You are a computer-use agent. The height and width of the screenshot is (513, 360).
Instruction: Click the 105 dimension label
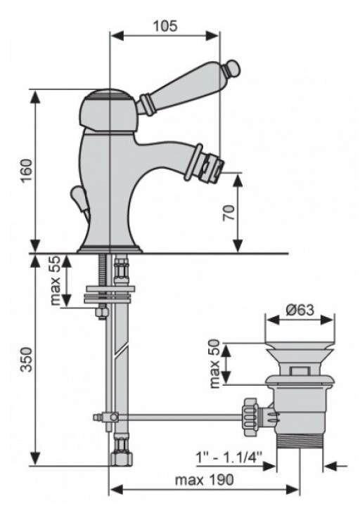click(165, 26)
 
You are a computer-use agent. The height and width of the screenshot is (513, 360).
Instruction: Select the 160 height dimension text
click(27, 171)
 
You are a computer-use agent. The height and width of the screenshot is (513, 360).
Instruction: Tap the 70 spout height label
click(229, 213)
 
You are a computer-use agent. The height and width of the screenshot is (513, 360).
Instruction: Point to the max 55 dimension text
click(56, 280)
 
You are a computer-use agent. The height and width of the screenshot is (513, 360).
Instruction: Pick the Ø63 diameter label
click(300, 309)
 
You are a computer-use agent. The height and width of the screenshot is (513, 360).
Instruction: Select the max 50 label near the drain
click(214, 363)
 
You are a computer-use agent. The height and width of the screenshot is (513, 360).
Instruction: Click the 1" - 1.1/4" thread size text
click(229, 456)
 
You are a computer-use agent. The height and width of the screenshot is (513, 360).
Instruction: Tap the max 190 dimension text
click(204, 480)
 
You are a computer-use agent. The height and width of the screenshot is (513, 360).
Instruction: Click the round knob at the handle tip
click(233, 68)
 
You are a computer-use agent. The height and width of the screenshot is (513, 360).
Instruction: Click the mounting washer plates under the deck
click(109, 294)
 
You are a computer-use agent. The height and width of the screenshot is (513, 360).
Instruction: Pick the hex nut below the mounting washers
click(102, 312)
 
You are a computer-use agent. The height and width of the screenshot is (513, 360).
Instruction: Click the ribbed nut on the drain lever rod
click(251, 417)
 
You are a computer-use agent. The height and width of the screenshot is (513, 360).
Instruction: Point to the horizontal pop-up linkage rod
click(180, 417)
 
